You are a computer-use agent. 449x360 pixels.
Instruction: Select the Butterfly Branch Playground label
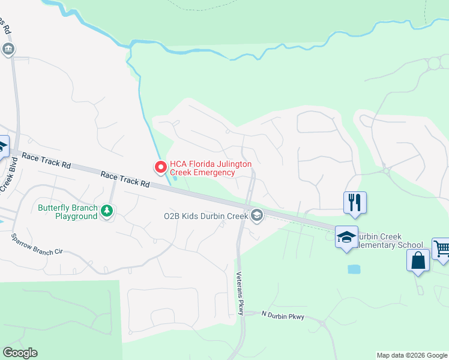tap(67, 212)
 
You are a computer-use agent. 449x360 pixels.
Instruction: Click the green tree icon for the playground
tap(107, 211)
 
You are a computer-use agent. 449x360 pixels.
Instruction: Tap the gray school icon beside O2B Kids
tap(257, 215)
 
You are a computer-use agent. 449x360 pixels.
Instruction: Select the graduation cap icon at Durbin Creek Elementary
tap(346, 237)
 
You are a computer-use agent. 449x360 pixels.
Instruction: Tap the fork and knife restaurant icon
tap(355, 202)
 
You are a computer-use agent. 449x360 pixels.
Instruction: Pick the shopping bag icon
tap(418, 261)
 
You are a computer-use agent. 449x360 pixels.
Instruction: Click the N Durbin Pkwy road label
tap(283, 316)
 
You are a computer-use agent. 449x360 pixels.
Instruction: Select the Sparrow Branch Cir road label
tap(37, 244)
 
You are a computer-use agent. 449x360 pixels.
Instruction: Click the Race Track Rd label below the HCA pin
tap(125, 179)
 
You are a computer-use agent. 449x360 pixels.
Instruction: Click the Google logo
tap(20, 353)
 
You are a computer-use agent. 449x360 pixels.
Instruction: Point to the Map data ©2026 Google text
tap(411, 355)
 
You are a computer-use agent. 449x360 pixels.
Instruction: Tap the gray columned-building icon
tap(8, 49)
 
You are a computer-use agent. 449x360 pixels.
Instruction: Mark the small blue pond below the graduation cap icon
tap(354, 269)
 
